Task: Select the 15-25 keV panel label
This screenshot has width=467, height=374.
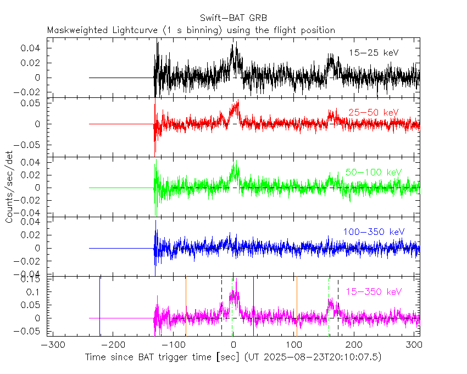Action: (x=374, y=53)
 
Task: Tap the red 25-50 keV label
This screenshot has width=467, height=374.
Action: (x=373, y=113)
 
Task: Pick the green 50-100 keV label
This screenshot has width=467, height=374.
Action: (x=374, y=172)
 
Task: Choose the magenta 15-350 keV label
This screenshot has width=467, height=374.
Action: (x=374, y=291)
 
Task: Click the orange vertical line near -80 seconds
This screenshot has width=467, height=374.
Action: (x=186, y=305)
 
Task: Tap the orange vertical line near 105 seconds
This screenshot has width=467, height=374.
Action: (x=297, y=305)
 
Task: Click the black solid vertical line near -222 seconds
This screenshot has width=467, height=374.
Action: (x=99, y=305)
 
